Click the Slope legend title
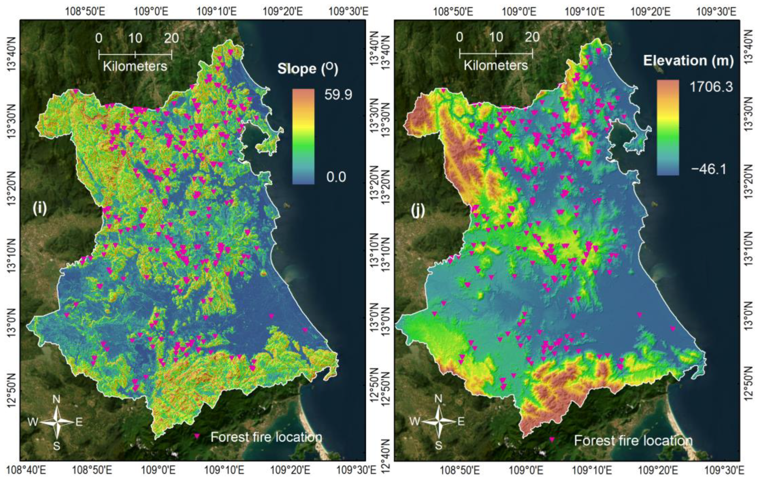coord(308,69)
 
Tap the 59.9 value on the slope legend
coord(338,95)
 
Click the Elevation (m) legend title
coord(688,61)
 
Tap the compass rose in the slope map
coord(57,422)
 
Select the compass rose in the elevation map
coord(439,421)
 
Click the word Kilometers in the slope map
coord(135,66)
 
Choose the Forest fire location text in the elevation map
coord(633,440)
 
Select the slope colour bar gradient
coord(303,136)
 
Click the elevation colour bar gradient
coord(668,128)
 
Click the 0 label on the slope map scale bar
coord(99,39)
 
